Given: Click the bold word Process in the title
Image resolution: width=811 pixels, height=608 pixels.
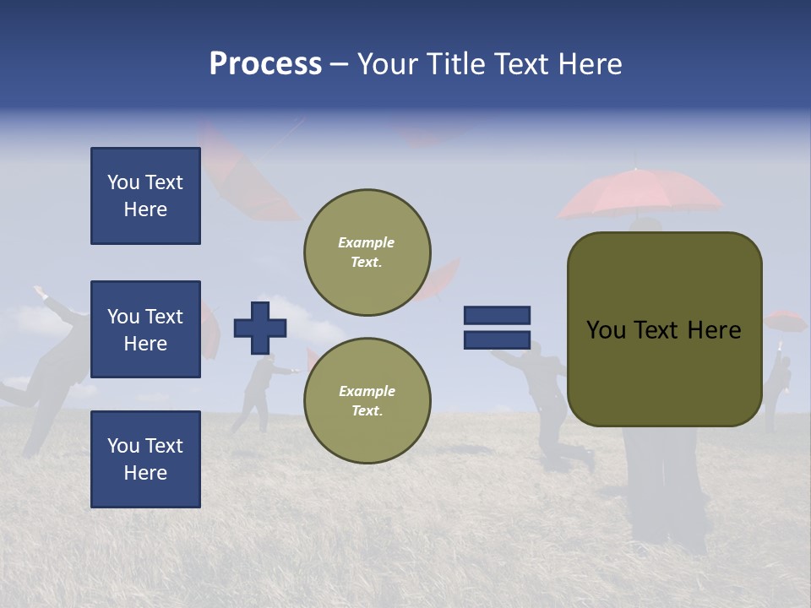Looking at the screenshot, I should [265, 64].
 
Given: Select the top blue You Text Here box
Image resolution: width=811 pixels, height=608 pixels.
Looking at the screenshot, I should [145, 196].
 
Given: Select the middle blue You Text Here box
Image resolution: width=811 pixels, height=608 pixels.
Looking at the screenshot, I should [145, 329].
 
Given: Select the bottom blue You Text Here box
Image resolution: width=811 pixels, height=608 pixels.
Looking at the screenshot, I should [145, 459].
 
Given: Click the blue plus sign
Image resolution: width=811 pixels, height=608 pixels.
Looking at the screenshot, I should [260, 328].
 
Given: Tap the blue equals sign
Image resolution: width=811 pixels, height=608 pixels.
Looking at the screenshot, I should [497, 328].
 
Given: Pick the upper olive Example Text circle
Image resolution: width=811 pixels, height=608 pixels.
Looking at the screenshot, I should [367, 252].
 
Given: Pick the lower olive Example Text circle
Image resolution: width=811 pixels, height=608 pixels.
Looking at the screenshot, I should [367, 400].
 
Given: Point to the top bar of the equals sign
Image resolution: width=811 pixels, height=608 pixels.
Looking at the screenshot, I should [497, 316].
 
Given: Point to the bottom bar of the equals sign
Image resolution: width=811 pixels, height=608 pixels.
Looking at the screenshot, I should [497, 340].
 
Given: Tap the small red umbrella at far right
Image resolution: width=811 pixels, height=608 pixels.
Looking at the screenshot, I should [785, 321].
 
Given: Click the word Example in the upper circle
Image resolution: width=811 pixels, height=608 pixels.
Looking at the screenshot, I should [367, 242].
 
